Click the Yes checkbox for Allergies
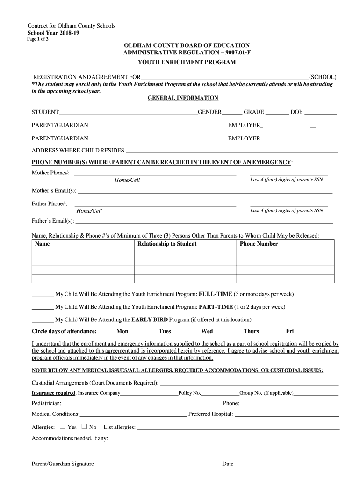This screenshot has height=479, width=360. (63, 427)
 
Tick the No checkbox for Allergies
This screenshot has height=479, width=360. (84, 427)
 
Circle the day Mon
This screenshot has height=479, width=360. (122, 331)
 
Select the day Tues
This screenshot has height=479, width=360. (165, 331)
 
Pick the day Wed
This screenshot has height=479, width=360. (207, 331)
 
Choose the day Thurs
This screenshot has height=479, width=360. (251, 331)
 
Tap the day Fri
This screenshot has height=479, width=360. (290, 331)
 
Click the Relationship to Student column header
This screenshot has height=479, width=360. (167, 244)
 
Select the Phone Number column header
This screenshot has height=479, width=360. (259, 244)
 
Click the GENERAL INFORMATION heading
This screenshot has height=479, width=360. (183, 98)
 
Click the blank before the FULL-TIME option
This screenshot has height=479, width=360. (43, 294)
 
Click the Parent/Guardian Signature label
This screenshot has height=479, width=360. (63, 464)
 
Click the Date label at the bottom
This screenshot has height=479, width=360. (228, 464)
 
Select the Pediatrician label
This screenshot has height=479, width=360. (46, 403)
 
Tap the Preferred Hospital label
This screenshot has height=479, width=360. (210, 414)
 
